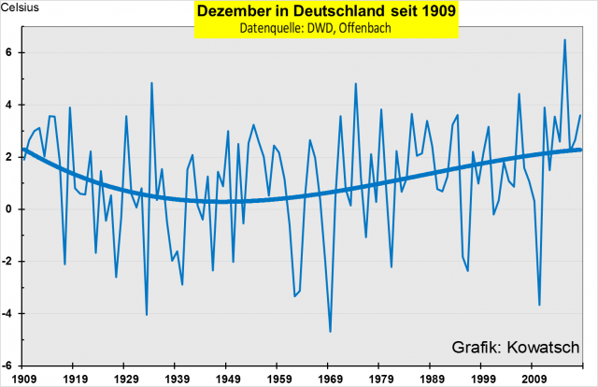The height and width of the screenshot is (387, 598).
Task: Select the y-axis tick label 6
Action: pyautogui.click(x=8, y=53)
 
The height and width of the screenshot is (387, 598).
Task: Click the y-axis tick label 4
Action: pyautogui.click(x=8, y=105)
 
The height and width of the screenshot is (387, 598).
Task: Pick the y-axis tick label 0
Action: pyautogui.click(x=8, y=209)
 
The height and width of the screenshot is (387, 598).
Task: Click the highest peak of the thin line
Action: pyautogui.click(x=564, y=40)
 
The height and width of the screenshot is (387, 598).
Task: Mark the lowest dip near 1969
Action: pyautogui.click(x=330, y=332)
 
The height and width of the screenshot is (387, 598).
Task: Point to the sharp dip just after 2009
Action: pyautogui.click(x=539, y=305)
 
